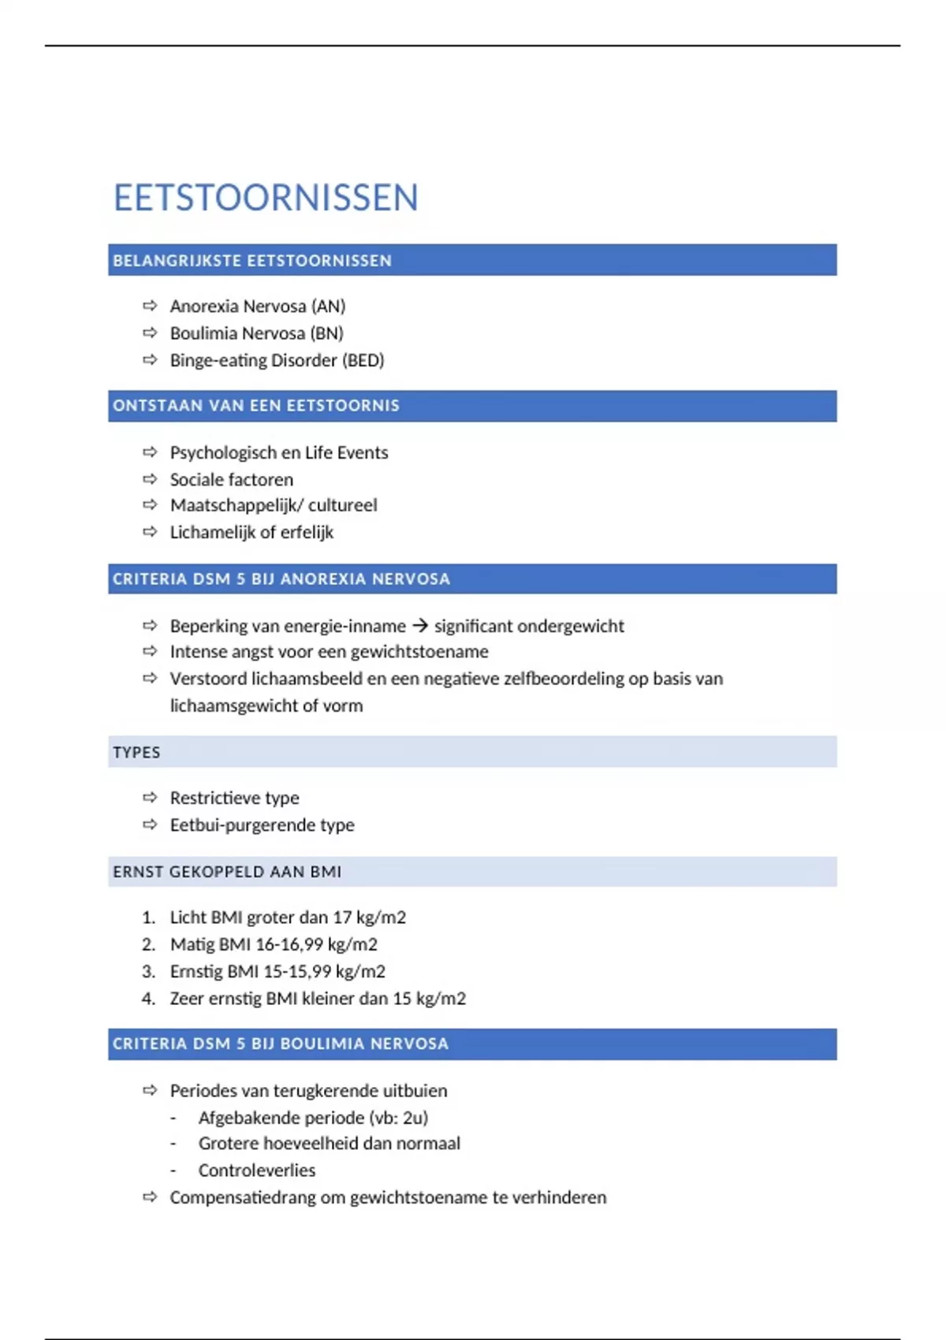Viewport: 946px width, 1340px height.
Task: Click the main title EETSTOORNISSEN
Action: point(266,198)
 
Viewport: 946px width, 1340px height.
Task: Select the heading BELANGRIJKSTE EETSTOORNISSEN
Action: point(252,261)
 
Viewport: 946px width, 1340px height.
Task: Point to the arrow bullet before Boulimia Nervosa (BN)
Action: point(150,333)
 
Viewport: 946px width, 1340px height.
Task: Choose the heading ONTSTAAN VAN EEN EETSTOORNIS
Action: point(256,406)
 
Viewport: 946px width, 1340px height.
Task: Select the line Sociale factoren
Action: point(231,479)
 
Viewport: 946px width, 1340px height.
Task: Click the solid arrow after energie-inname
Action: point(420,626)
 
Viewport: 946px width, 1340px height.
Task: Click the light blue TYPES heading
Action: point(136,753)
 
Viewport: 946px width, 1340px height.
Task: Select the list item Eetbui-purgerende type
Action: point(262,825)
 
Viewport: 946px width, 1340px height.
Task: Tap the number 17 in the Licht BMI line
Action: point(341,918)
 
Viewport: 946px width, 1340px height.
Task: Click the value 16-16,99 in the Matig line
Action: point(289,944)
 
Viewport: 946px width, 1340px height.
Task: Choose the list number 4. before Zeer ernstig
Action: point(148,999)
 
